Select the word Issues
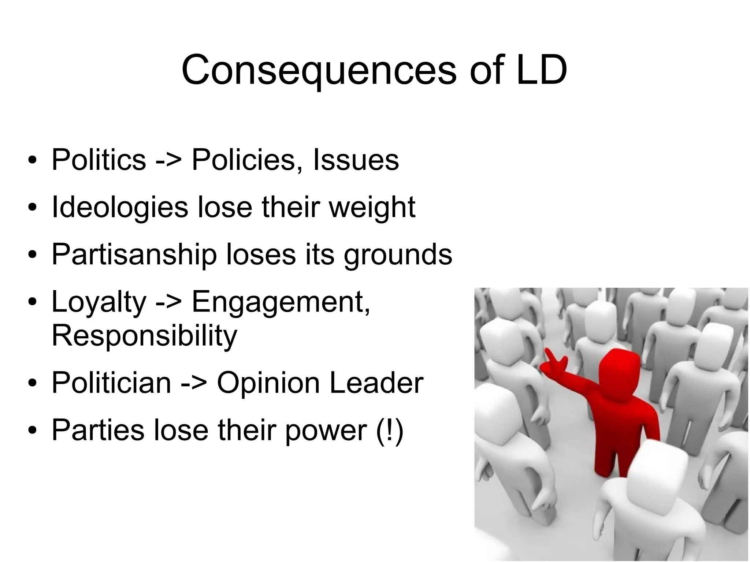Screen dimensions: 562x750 coord(356,160)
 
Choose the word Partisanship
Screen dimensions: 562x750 coord(134,254)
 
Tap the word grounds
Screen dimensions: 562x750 coord(398,254)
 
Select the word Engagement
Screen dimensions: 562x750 coord(281,302)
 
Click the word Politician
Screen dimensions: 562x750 coord(111,383)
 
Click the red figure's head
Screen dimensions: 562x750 coord(619,369)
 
